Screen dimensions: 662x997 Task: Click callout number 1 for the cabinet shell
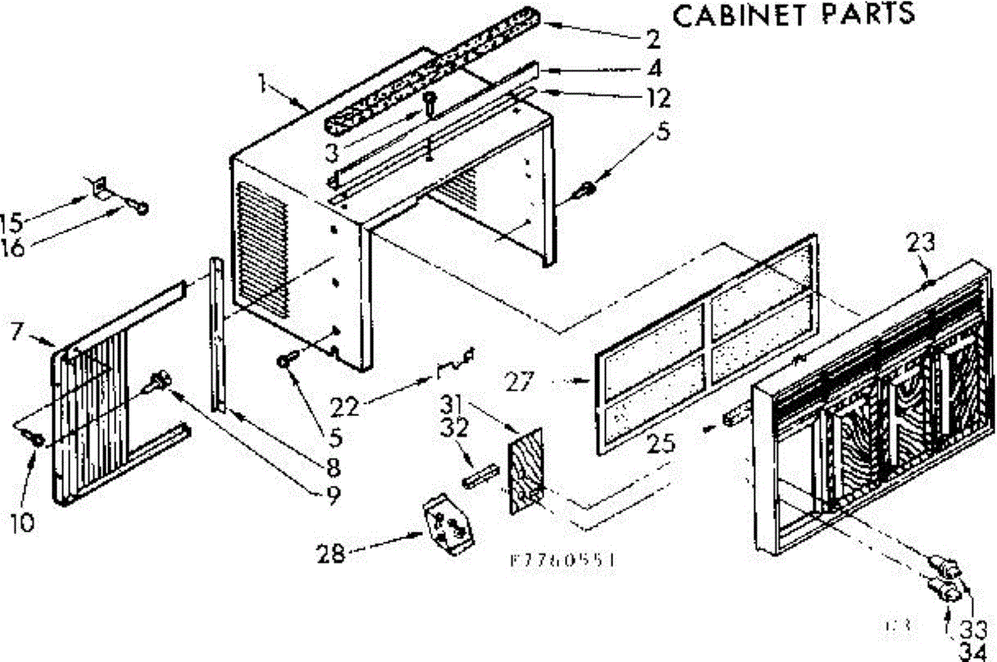[262, 83]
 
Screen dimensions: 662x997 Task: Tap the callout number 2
[654, 38]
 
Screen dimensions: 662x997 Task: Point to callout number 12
[658, 98]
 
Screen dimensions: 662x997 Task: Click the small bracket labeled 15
[99, 189]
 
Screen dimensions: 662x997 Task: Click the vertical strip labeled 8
[217, 332]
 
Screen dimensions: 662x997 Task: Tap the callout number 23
[920, 244]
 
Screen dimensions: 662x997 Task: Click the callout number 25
[662, 445]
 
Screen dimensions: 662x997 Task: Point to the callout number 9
[332, 496]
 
